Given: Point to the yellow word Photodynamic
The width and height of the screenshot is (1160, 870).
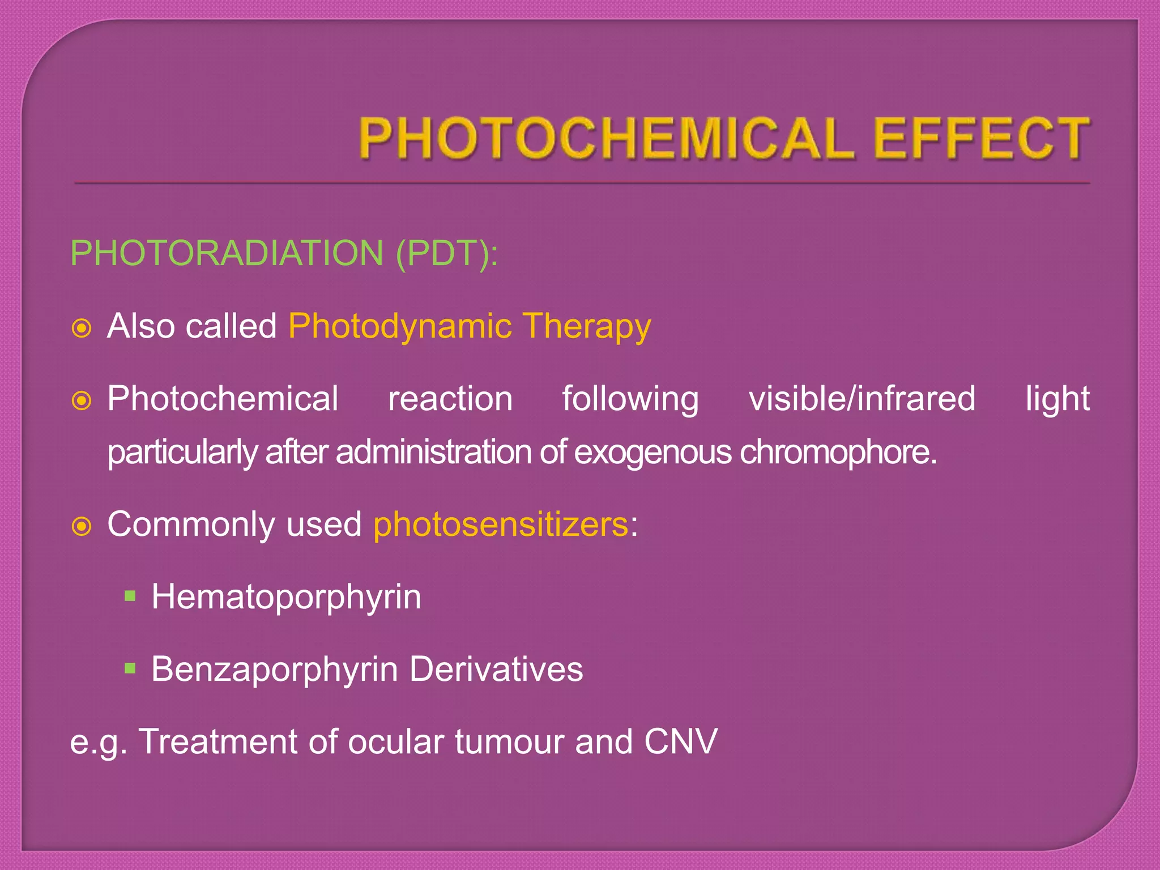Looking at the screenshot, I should [400, 326].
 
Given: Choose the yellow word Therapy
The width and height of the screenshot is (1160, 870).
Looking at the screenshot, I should [587, 327].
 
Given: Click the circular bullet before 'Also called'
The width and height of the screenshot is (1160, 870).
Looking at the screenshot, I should [82, 328].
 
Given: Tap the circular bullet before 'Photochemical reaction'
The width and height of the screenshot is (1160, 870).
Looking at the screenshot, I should [82, 401].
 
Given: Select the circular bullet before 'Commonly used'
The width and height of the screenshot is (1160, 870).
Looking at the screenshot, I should [82, 527].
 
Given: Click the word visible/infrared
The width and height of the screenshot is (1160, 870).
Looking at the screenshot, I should [862, 399].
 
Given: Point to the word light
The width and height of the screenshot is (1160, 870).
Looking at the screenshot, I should [1057, 399].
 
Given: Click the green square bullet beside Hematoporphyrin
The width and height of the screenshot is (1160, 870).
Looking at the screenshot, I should [131, 596].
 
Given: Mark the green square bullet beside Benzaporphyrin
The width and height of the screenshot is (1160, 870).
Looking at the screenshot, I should [131, 668].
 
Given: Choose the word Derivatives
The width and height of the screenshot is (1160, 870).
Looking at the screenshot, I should [496, 669].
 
